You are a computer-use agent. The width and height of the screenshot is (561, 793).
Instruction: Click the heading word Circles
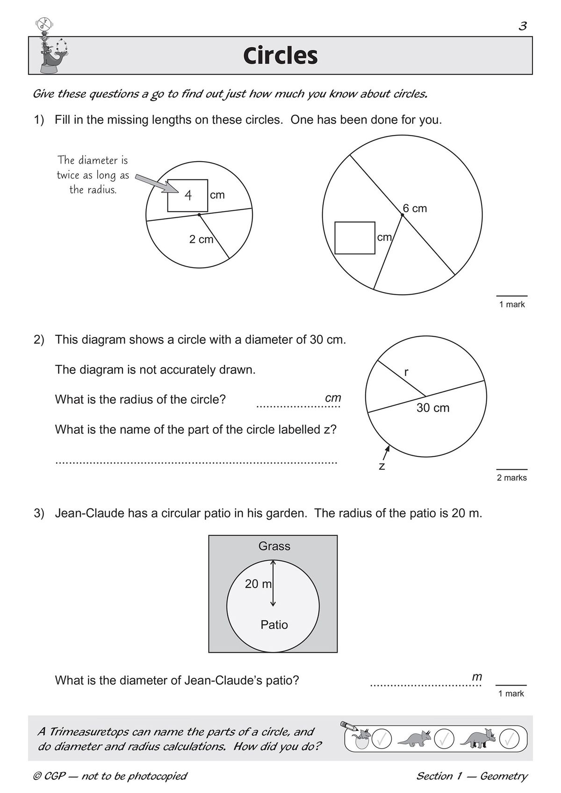click(280, 56)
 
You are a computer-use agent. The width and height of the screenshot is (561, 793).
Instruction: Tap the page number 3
click(523, 26)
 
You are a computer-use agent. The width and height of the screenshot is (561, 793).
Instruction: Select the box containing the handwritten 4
click(187, 195)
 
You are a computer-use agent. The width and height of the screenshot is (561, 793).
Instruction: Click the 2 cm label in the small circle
click(201, 240)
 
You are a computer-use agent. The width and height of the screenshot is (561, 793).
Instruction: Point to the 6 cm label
click(415, 208)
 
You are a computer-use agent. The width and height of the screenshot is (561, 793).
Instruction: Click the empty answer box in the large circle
click(355, 238)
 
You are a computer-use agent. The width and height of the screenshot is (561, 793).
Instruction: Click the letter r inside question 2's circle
click(406, 372)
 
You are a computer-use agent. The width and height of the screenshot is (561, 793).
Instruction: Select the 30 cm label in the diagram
click(432, 408)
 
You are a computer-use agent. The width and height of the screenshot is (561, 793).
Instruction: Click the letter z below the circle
click(382, 466)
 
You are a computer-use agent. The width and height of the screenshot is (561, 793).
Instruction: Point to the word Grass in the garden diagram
click(274, 546)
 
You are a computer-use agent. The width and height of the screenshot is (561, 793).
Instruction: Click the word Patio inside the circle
click(274, 624)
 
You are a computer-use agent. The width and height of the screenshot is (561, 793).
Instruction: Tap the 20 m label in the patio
click(258, 584)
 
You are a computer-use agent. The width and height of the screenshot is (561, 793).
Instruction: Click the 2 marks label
click(511, 478)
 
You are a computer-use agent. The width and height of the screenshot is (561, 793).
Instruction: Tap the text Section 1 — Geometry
click(471, 776)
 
